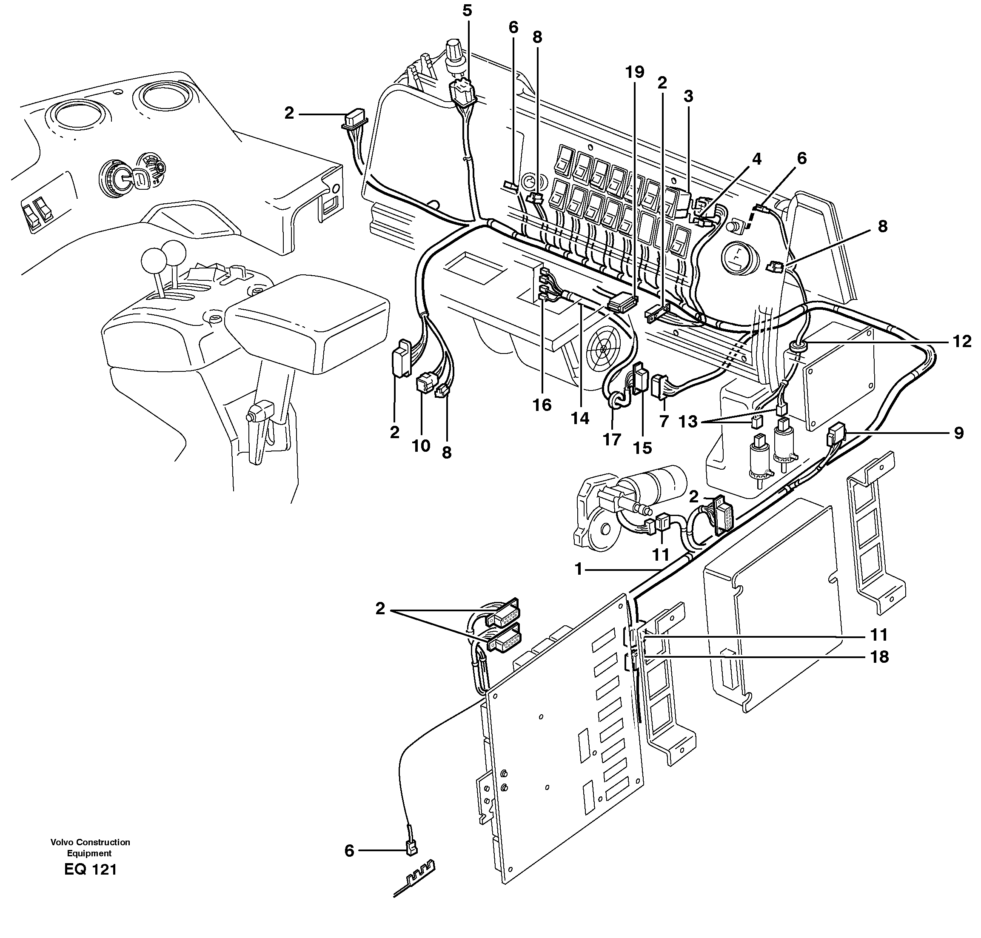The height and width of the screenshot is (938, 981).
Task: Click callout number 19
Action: pos(634,72)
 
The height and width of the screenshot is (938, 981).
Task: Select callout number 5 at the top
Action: pos(467,11)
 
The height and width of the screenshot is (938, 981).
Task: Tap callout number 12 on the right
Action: pos(961,342)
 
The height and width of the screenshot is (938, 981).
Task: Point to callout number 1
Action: pos(579,570)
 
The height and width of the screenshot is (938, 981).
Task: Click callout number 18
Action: pos(879,656)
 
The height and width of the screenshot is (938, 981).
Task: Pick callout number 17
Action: pos(611,439)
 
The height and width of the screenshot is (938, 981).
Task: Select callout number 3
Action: pos(688,97)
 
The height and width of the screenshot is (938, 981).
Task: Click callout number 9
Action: pos(958,433)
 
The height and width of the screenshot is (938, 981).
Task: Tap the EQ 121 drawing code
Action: pos(91,870)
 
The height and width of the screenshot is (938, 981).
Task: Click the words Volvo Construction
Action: pos(90,842)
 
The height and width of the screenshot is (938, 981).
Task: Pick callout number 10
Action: pos(421,445)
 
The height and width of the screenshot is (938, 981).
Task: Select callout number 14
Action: pos(580,418)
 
